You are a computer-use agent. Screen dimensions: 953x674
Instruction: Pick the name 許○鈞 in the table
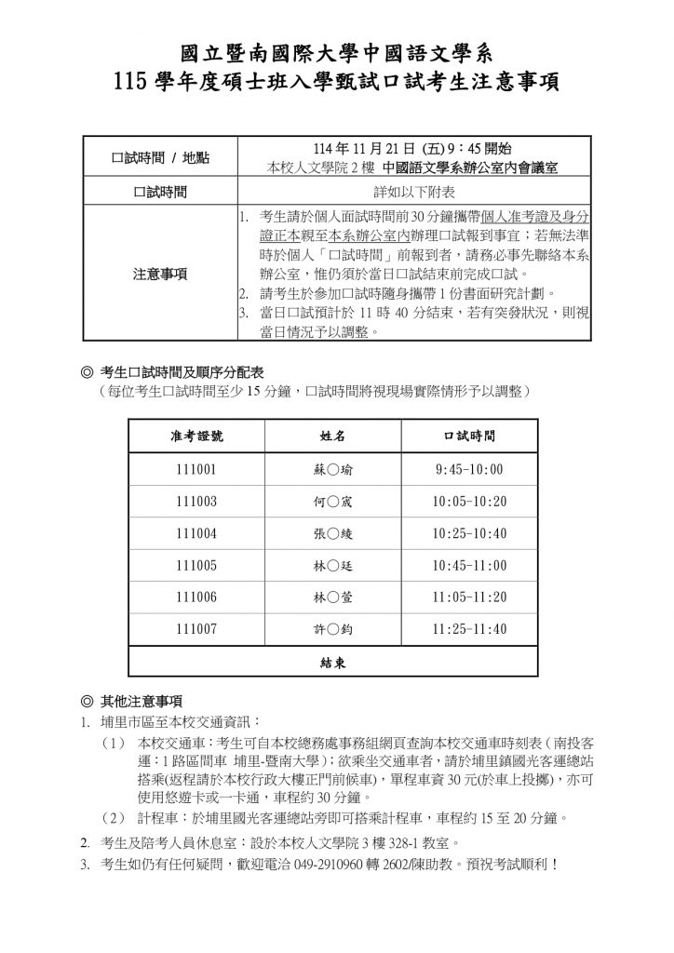point(329,630)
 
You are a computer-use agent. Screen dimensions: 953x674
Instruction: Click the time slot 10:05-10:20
point(470,501)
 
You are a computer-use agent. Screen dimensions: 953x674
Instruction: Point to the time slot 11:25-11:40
point(470,630)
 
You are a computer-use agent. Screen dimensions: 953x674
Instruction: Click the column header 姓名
point(329,435)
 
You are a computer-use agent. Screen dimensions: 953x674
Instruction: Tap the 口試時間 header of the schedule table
point(470,435)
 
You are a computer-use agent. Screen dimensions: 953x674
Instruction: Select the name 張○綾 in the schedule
point(329,533)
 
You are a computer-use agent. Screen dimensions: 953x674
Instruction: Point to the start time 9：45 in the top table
point(460,149)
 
